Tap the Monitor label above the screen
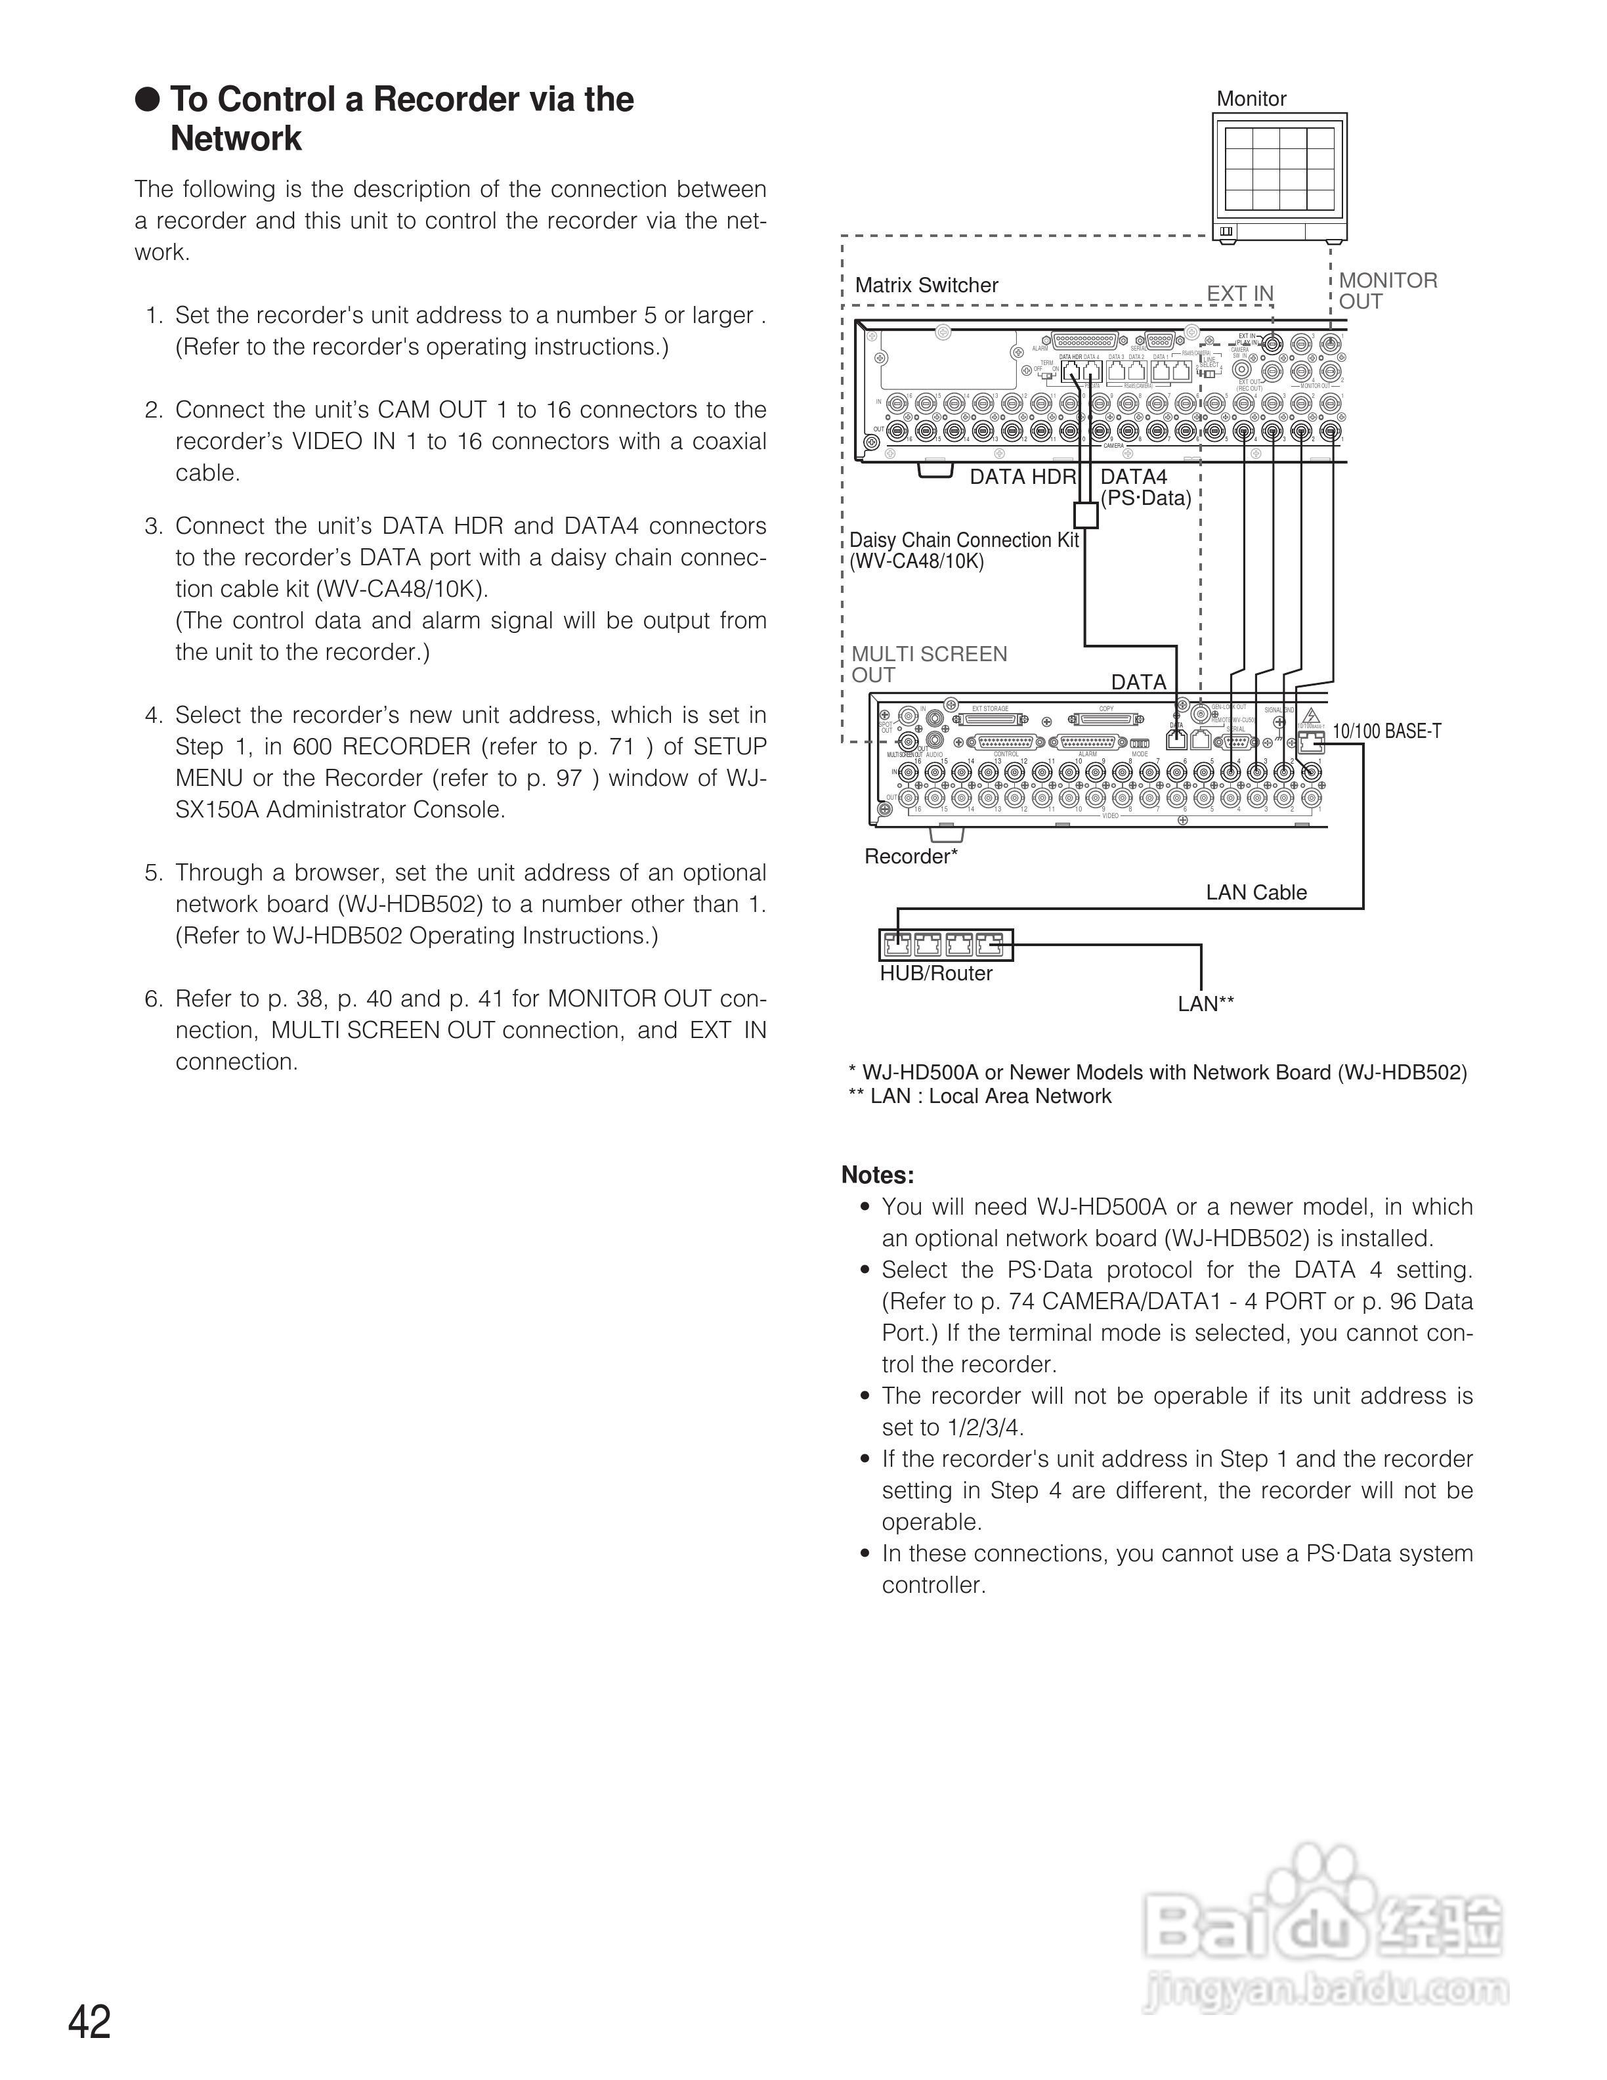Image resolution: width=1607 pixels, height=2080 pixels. [1251, 99]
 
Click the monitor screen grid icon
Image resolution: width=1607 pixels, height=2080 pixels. [1279, 169]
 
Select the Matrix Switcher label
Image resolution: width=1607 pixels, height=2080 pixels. [926, 285]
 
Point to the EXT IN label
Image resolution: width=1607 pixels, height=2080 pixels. [1239, 293]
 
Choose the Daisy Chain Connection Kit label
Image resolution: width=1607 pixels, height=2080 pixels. [964, 550]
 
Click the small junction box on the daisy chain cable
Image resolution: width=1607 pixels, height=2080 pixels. [1085, 515]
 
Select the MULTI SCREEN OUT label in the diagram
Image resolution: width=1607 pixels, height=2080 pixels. [928, 664]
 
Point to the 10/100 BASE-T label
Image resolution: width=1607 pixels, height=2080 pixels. [1386, 731]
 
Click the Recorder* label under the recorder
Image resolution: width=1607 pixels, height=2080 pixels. [910, 856]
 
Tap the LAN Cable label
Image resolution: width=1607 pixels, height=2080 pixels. [1256, 892]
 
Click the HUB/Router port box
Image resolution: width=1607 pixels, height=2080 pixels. [945, 945]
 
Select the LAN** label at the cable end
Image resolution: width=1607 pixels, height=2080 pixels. [1205, 1004]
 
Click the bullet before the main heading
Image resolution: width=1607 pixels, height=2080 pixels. [148, 99]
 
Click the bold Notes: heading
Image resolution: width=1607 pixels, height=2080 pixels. [877, 1175]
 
